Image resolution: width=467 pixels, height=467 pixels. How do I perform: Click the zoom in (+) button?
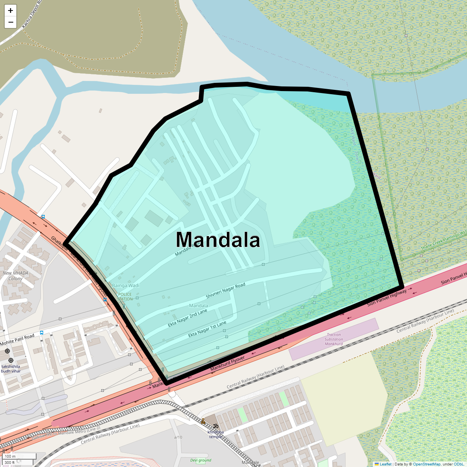coord(11,11)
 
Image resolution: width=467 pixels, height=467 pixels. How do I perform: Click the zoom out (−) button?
coord(11,22)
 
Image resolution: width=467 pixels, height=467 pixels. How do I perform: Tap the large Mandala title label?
coord(218,240)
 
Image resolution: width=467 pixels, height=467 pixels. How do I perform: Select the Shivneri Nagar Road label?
coord(225,291)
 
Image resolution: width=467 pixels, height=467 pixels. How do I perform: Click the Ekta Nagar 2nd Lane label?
coord(188,318)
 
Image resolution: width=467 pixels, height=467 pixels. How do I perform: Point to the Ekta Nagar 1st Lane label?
coord(207,329)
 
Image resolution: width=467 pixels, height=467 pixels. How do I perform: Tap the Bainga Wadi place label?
coord(126,286)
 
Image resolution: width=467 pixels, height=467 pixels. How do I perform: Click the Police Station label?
coord(125,297)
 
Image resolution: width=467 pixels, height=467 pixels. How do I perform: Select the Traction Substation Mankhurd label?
coord(334,339)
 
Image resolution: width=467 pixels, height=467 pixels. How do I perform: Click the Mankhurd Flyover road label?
coord(228,363)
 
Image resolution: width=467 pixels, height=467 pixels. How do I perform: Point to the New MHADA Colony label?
coord(16,276)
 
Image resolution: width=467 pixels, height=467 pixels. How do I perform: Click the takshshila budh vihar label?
coord(11,369)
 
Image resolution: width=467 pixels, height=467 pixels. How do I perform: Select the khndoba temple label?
coord(216,434)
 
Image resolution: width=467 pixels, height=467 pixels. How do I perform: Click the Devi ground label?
coord(201,460)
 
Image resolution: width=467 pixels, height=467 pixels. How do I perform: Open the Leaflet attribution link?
coord(385,464)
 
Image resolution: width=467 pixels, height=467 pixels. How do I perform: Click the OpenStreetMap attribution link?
coord(427,464)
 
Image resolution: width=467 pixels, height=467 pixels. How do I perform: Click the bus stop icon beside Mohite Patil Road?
coord(42,333)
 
